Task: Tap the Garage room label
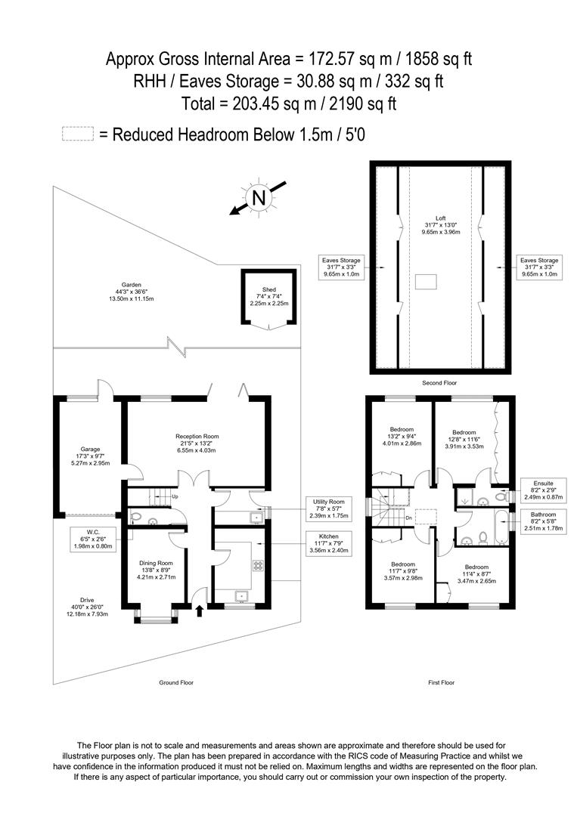point(91,456)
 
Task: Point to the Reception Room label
point(197,443)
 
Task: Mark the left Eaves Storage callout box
point(344,267)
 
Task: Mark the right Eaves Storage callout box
point(538,267)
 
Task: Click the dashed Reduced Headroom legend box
point(77,134)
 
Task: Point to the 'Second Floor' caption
point(440,383)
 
